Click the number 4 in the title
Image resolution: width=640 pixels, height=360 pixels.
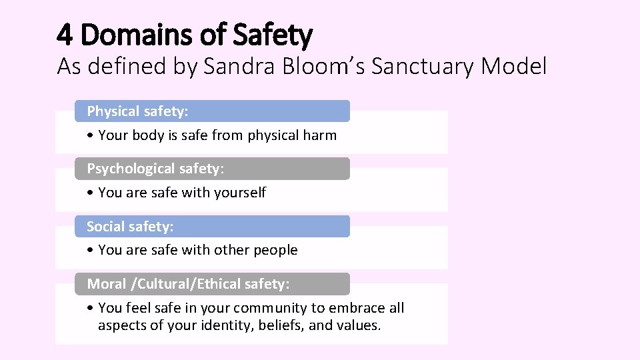(x=65, y=34)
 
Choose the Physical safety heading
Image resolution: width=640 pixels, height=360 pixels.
(x=137, y=111)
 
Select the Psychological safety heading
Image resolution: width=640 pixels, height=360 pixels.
(x=155, y=169)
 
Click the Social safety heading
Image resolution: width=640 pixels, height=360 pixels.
(x=130, y=227)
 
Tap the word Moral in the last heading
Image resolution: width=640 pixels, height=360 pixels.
(x=107, y=284)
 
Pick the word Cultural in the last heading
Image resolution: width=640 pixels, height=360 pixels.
(x=161, y=284)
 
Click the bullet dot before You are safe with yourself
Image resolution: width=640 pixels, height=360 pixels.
(x=90, y=193)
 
